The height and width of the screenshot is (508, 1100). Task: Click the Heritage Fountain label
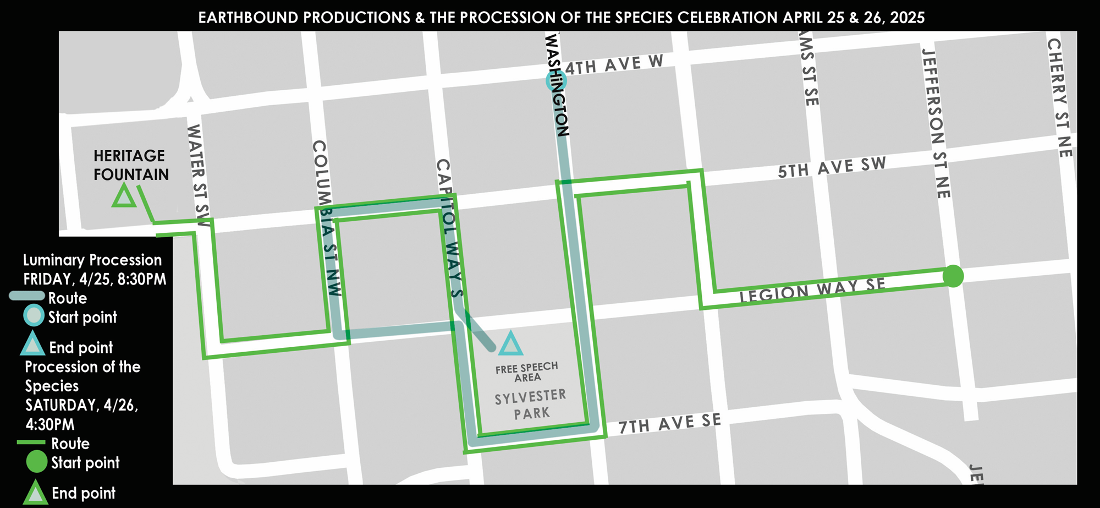pos(131,165)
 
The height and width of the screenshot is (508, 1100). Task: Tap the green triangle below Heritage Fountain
pos(124,196)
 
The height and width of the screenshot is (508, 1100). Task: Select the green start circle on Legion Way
pos(953,276)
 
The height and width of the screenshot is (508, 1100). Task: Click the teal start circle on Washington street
pos(556,81)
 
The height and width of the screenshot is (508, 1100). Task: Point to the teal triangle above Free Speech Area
pos(510,344)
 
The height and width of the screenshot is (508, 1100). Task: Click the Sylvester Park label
pos(531,404)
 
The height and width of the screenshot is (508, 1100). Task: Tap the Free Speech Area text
pos(526,372)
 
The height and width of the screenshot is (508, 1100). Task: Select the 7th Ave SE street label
pos(669,423)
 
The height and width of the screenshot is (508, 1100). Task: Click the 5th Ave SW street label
pos(832,167)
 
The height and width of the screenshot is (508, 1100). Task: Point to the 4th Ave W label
pos(614,65)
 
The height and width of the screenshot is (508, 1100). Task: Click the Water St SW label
pos(199,175)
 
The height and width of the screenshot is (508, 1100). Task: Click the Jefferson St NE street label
pos(936,123)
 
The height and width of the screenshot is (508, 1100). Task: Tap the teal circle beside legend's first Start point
pos(34,315)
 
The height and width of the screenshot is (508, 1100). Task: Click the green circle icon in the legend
pos(36,462)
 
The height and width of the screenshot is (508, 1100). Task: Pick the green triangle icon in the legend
pos(35,493)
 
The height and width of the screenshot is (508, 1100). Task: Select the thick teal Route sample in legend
pos(26,296)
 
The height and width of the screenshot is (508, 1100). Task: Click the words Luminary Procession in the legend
pos(92,260)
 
